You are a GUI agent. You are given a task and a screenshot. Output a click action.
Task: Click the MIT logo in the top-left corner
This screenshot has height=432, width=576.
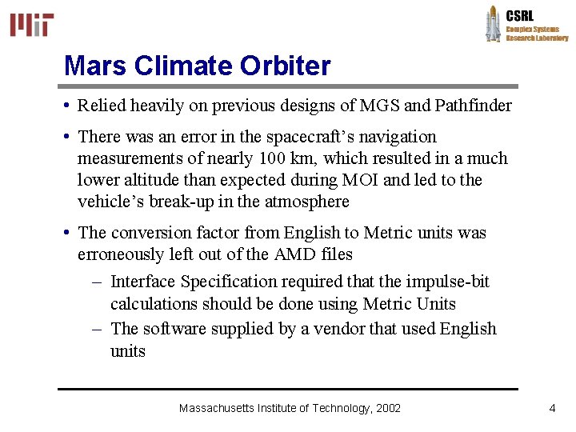click(x=31, y=25)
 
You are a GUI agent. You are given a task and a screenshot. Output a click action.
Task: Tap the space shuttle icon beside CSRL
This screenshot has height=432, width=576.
click(x=493, y=24)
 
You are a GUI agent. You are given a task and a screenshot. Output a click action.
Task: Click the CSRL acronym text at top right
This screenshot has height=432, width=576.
click(x=520, y=15)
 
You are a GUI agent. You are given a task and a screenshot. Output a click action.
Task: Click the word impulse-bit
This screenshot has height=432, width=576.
click(x=449, y=282)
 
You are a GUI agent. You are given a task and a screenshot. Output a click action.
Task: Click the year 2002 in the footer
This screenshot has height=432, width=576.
click(x=388, y=408)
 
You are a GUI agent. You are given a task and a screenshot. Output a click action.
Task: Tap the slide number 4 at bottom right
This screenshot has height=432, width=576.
click(x=552, y=408)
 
